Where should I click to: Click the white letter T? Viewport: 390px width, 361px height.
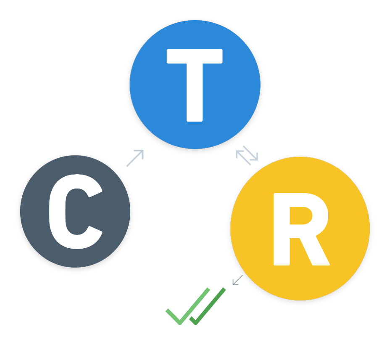click(x=195, y=84)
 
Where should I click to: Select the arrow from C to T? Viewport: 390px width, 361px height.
click(x=135, y=158)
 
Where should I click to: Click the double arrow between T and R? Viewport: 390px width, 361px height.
click(x=247, y=155)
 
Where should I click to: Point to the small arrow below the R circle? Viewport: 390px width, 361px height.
click(x=237, y=280)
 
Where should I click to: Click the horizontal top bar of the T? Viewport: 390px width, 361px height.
click(x=195, y=56)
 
